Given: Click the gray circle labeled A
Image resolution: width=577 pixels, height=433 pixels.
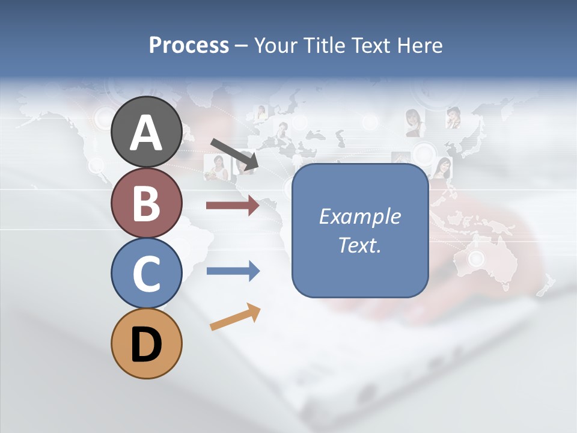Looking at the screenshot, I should click(x=146, y=132).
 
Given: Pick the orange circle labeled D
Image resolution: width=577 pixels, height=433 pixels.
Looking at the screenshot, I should click(x=146, y=343).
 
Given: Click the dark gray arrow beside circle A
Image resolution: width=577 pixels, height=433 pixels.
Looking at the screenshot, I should click(x=234, y=153).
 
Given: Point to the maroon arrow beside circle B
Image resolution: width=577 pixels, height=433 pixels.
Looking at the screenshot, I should click(x=233, y=206).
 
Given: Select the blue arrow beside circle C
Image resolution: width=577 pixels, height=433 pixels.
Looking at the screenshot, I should click(x=233, y=271).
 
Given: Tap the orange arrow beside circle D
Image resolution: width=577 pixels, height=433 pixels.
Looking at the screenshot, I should click(x=235, y=317).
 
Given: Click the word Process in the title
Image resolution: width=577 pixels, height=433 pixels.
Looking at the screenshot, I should click(x=189, y=45).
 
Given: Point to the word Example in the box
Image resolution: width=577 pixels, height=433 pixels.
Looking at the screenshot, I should click(x=360, y=216).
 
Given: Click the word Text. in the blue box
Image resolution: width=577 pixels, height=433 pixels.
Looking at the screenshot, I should click(x=360, y=245).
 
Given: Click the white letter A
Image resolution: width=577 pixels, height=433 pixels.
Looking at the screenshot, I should click(x=146, y=133).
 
